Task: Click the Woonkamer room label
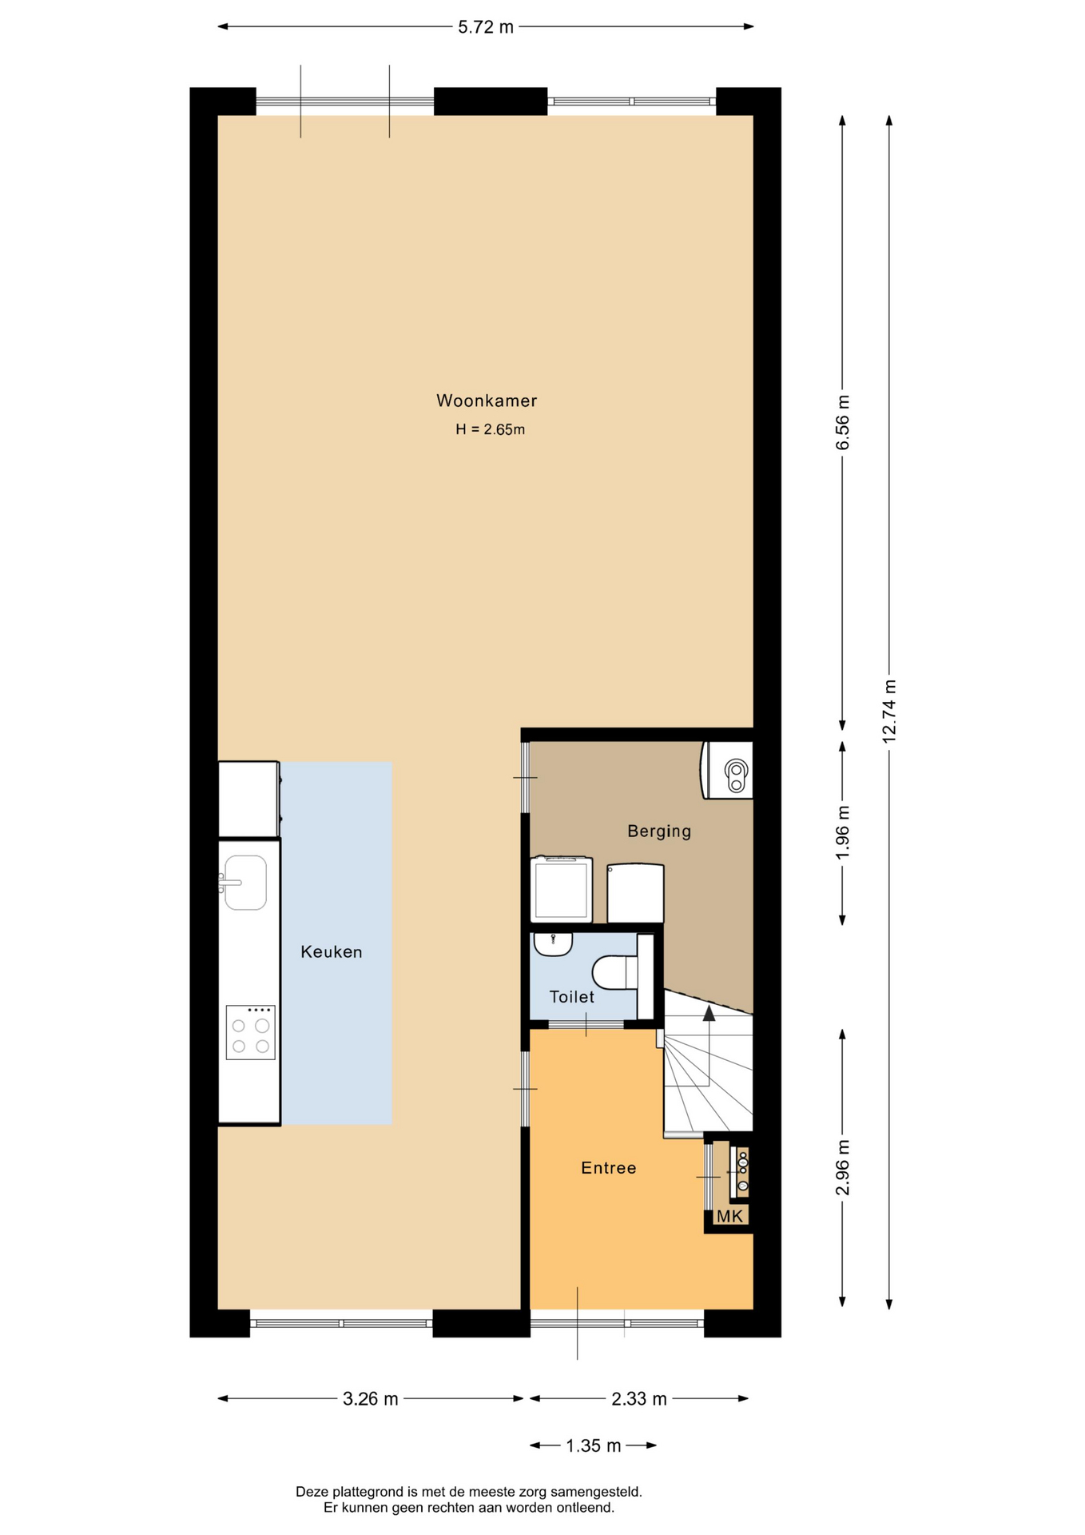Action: (x=486, y=401)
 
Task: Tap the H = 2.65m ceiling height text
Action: (x=490, y=429)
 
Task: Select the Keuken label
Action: (x=332, y=951)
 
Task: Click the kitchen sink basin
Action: (x=245, y=883)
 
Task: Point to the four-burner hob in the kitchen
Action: (x=250, y=1032)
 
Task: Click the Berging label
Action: (x=659, y=831)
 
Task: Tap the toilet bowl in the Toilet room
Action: (x=614, y=973)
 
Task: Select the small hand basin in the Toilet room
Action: (x=553, y=944)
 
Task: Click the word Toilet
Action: (x=572, y=997)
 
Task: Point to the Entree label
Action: (x=609, y=1168)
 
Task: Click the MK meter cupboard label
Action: (x=729, y=1216)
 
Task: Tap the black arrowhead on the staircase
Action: (x=709, y=1014)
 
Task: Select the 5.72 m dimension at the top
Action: (x=486, y=27)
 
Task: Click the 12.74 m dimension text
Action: (x=889, y=711)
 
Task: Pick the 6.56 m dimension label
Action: (x=843, y=422)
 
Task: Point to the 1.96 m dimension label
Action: (x=843, y=833)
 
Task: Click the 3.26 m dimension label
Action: (x=371, y=1398)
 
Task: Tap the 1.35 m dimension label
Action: (x=594, y=1445)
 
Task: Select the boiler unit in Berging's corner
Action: (x=727, y=770)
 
